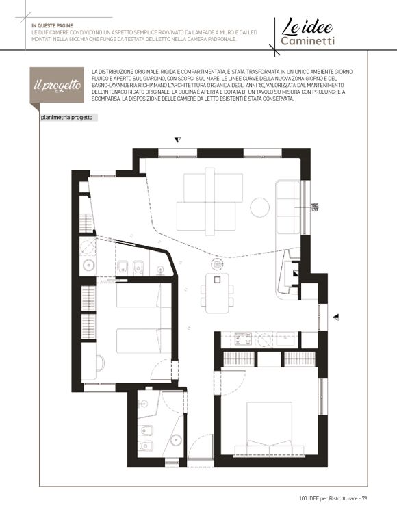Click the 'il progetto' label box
click(57, 86)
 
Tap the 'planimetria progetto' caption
click(67, 118)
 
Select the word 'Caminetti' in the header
click(308, 41)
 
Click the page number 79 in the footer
click(364, 498)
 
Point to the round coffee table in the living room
click(259, 207)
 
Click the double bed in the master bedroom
click(269, 428)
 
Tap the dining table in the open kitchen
click(217, 293)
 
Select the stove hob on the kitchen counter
click(243, 339)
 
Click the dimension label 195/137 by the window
click(315, 207)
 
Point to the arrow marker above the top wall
click(178, 140)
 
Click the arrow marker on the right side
click(336, 318)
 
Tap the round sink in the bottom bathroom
click(177, 439)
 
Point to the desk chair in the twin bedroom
click(101, 363)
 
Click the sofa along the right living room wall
click(288, 207)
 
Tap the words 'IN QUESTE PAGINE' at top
click(52, 25)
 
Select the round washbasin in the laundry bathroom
click(88, 264)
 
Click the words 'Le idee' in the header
click(307, 27)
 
